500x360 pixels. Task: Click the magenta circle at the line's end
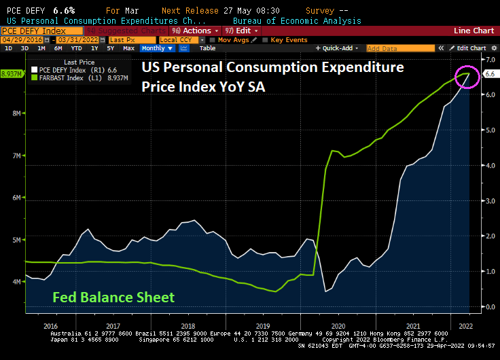[x=467, y=75]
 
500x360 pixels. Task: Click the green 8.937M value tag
[x=12, y=73]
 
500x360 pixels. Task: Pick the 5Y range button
[x=109, y=48]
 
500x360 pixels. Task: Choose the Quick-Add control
[x=340, y=48]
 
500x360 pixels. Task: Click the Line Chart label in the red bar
[x=474, y=31]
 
